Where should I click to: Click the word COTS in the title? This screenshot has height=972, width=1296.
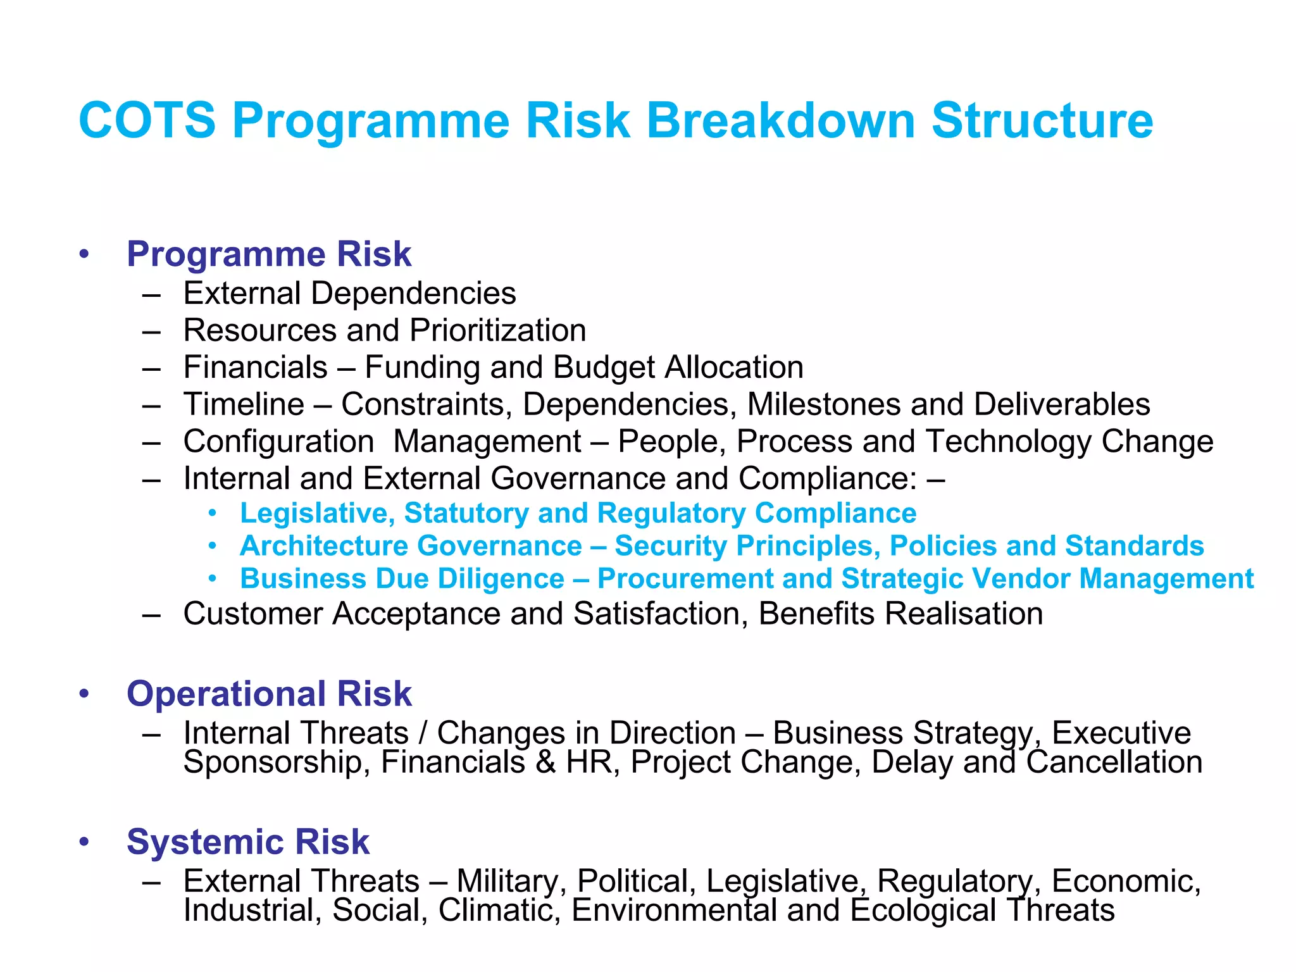coord(147,120)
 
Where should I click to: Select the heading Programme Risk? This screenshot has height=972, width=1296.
coord(269,254)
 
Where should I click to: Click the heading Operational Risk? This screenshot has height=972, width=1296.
coord(269,694)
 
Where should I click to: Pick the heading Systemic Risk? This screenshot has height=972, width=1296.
coord(247,842)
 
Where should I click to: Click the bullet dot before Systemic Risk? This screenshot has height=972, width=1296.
coord(84,842)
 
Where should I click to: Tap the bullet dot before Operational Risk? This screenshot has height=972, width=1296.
coord(84,694)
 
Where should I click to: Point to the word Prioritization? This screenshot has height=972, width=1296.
coord(497,330)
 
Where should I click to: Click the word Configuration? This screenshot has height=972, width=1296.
coord(278,442)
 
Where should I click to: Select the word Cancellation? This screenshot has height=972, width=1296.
coord(1114,762)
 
